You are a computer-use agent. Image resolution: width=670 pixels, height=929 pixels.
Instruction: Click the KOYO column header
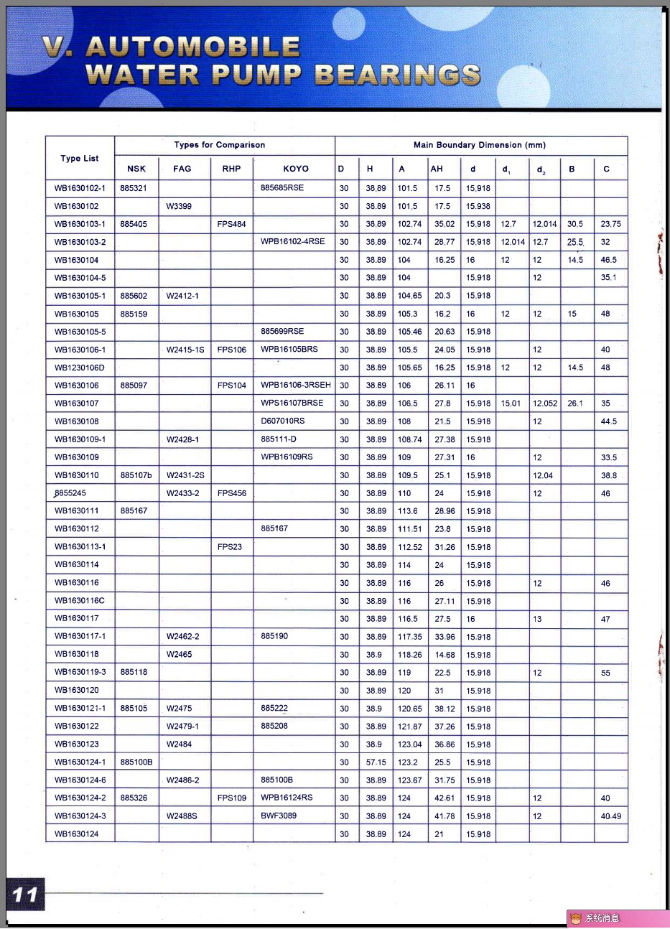point(295,169)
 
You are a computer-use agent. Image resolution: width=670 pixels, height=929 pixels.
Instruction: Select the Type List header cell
point(80,158)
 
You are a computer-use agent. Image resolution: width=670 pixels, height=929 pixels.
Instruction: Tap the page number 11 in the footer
point(25,895)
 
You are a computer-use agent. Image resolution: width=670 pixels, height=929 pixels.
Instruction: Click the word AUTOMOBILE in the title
point(192,47)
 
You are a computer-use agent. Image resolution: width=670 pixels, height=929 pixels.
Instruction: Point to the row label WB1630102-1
point(80,188)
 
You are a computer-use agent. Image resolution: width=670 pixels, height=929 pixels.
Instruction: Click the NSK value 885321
point(134,188)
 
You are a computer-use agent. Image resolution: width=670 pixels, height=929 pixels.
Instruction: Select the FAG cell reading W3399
point(179,206)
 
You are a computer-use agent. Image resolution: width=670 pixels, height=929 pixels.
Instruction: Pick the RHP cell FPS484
point(231,224)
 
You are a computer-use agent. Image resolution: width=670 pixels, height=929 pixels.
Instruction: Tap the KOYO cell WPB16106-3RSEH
point(296,386)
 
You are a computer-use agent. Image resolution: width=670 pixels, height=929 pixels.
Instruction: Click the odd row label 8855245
point(70,493)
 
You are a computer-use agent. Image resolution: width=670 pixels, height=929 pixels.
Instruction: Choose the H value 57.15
point(376,762)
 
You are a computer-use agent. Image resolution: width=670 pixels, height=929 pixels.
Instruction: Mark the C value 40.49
point(611,816)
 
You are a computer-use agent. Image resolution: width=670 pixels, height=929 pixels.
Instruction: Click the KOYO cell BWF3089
point(279,816)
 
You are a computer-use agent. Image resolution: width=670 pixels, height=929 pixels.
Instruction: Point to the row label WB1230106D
point(80,368)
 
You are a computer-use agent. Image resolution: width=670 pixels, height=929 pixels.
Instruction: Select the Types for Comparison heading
point(219,145)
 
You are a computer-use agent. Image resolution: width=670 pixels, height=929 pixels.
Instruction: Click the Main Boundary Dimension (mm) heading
point(480,145)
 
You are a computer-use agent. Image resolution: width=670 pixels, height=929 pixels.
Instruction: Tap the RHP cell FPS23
point(230,547)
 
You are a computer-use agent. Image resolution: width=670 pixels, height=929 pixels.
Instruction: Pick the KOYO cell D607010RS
point(283,421)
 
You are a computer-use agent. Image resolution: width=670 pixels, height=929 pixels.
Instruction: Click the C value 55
point(605,673)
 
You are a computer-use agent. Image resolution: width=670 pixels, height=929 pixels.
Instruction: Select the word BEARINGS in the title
point(397,75)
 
